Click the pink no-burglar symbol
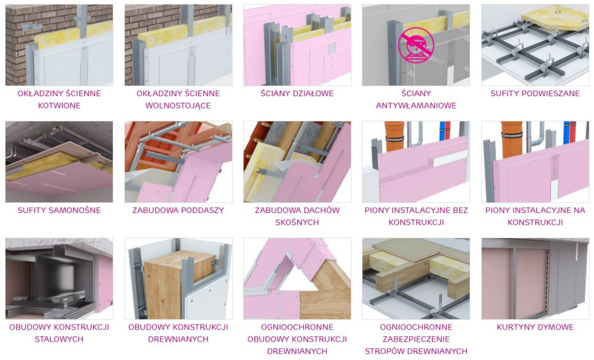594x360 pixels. (x=416, y=44)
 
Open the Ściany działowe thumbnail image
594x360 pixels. (x=297, y=45)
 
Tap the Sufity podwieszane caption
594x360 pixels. (x=535, y=93)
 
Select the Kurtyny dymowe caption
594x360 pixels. (x=535, y=327)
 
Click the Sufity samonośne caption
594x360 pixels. (x=59, y=210)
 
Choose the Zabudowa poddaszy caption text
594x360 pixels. (x=178, y=210)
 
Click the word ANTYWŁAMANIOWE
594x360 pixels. (x=416, y=105)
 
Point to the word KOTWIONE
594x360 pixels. (x=59, y=105)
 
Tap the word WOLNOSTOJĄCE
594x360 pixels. (x=178, y=105)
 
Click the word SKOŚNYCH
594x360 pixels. (x=297, y=222)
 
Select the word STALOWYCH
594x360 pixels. (x=59, y=339)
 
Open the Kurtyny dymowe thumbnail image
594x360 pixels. (x=535, y=279)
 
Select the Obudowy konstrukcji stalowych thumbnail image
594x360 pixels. (x=59, y=279)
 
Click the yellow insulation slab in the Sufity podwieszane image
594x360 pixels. (x=553, y=18)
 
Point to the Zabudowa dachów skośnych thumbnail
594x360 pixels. (x=297, y=162)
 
